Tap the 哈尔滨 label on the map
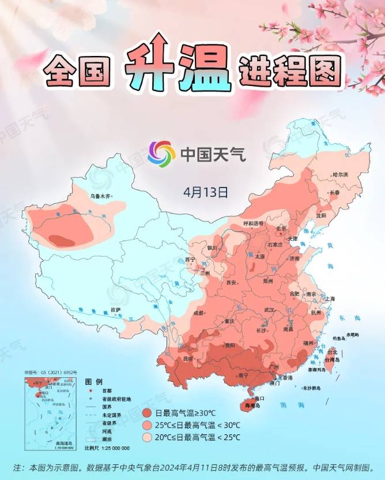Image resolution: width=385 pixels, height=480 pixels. [x=341, y=174]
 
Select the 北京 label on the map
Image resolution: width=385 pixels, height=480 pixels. [x=281, y=228]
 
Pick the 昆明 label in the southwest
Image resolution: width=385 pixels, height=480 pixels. [x=188, y=358]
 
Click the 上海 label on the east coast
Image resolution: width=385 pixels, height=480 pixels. [x=330, y=299]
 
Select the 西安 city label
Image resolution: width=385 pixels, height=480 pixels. [x=232, y=283]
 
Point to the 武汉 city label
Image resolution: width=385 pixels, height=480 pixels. [x=269, y=310]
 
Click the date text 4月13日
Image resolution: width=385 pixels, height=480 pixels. [x=206, y=191]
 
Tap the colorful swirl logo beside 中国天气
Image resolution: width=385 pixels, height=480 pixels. [x=161, y=153]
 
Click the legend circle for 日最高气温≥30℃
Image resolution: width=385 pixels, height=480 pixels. [x=147, y=413]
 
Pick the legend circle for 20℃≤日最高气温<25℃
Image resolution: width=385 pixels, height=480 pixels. [x=147, y=438]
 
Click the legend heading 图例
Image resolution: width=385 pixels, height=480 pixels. [x=93, y=382]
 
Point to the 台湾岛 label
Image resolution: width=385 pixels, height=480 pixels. [x=333, y=359]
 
